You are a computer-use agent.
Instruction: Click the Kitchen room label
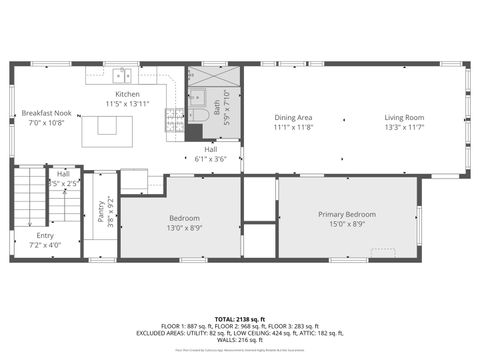tap(127, 94)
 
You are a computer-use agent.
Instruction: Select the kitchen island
tap(113, 126)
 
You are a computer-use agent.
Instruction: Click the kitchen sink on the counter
tap(123, 74)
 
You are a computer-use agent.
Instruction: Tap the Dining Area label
tap(293, 118)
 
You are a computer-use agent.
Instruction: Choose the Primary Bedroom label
tap(347, 214)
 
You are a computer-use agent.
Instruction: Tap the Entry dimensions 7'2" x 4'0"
tap(44, 244)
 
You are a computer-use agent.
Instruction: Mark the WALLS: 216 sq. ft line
tap(239, 341)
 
